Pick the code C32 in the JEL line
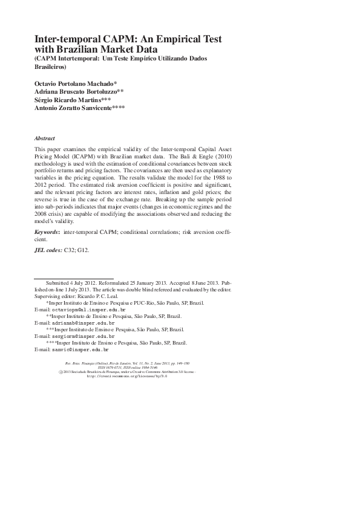tap(71, 266)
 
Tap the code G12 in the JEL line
tap(84, 266)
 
